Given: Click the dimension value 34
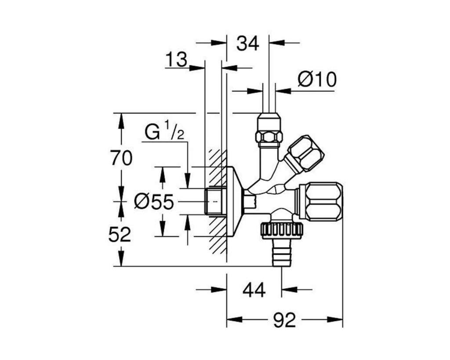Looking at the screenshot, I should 247,43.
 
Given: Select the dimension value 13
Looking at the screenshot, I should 177,59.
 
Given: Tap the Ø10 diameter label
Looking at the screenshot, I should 316,80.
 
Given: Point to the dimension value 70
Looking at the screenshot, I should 120,158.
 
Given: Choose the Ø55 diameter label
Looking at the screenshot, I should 154,202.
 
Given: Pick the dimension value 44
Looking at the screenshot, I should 254,290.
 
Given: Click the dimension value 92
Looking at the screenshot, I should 284,320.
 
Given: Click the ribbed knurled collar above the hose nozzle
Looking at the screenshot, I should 278,230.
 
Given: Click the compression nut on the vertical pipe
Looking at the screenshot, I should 269,132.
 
